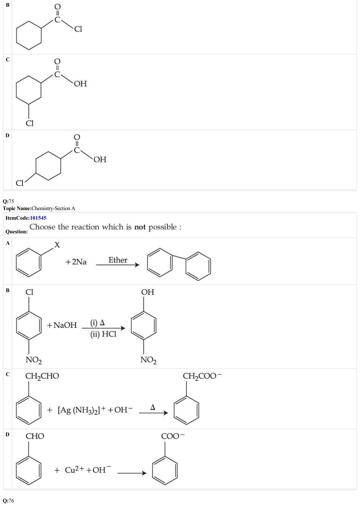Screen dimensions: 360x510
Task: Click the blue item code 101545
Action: pos(38,218)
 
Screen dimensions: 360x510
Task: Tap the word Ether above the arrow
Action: pos(118,260)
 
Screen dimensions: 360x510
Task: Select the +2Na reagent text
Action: pos(76,262)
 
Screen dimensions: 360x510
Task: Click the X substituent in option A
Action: pos(57,245)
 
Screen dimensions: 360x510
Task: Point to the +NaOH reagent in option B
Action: pos(62,325)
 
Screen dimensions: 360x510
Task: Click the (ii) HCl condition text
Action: pos(103,334)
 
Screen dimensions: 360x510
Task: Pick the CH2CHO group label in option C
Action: pos(42,376)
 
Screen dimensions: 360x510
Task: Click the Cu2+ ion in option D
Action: pos(74,470)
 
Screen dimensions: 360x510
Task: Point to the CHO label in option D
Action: pos(35,436)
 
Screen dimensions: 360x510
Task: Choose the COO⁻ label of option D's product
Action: pos(173,436)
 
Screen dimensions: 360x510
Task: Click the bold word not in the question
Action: pos(140,227)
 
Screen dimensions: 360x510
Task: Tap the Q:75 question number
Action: pos(8,201)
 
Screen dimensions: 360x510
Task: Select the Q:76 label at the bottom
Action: pos(8,501)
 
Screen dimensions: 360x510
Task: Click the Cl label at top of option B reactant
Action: pos(29,292)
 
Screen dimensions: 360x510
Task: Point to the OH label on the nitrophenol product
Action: pos(148,292)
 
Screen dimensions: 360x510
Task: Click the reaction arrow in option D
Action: pos(132,473)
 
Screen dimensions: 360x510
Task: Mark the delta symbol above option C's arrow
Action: pos(153,407)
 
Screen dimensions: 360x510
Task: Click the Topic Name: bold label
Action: pos(17,208)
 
